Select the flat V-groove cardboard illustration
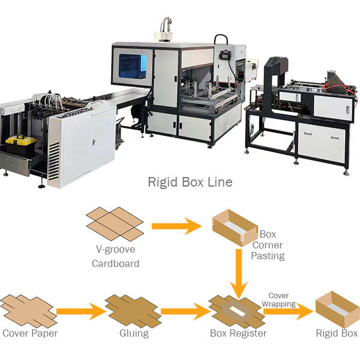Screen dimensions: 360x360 point(115,224)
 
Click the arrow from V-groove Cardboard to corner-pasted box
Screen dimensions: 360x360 point(176,226)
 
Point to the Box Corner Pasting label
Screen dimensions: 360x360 point(268,245)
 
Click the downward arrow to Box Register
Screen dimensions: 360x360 point(239,274)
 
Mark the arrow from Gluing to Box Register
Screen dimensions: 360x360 point(183,311)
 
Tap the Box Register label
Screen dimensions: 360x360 point(238,333)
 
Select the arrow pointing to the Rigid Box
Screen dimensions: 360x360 point(289,311)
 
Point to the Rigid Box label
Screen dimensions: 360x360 point(337,333)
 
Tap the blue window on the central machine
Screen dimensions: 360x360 point(132,67)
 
